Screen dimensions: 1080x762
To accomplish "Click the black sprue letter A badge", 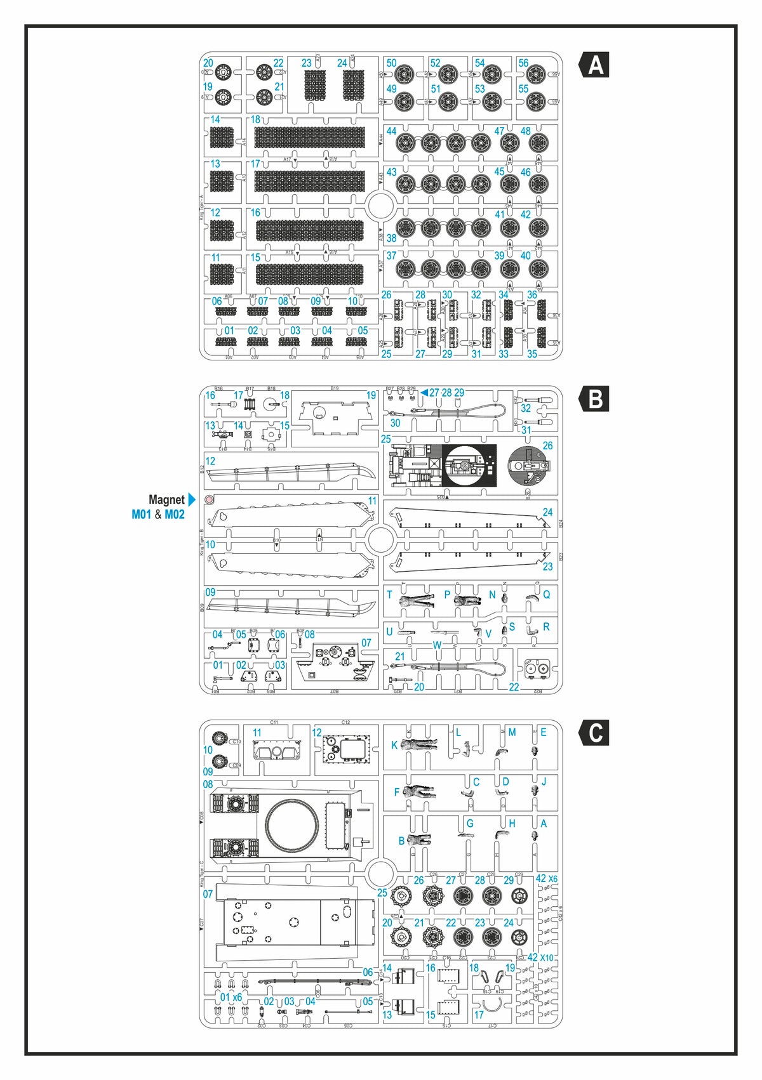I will [595, 65].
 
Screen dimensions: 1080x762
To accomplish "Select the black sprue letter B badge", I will [595, 400].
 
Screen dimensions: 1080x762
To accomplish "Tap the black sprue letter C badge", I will [595, 733].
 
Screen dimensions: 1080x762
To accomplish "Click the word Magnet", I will [166, 500].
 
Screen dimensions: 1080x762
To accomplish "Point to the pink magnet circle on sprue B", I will [210, 499].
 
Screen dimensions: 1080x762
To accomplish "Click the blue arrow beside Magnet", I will [192, 500].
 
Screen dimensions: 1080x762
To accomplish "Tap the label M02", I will [175, 515].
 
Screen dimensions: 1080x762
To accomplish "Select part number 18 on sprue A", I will [255, 120].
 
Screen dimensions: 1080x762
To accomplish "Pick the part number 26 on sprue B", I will [547, 445].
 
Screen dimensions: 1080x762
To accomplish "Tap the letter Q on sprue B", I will [546, 595].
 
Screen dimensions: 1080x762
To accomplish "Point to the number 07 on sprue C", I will [208, 894].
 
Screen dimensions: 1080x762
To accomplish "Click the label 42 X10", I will [540, 957].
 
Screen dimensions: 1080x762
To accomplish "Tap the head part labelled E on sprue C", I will [535, 750].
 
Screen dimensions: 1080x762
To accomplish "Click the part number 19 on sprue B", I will [371, 395].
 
